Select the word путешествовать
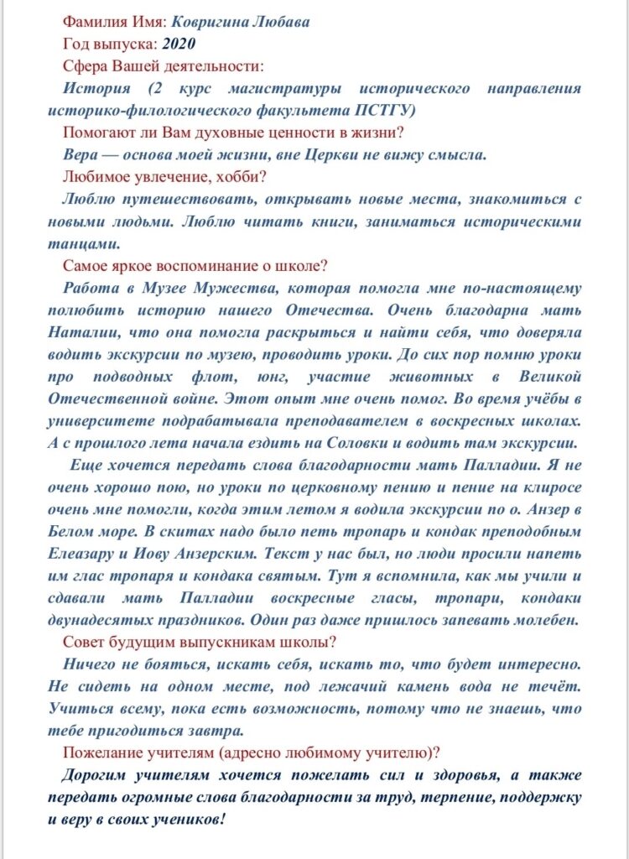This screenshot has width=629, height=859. (x=169, y=200)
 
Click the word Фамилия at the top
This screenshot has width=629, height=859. (x=92, y=21)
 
